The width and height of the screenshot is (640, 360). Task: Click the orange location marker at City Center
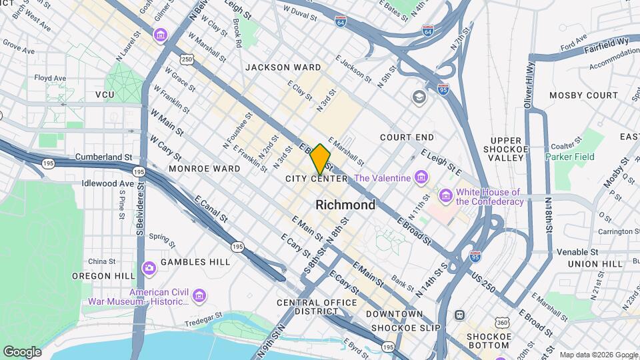[320, 159]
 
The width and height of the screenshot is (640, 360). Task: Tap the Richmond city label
[345, 205]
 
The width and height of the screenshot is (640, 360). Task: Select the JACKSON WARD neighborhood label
[283, 67]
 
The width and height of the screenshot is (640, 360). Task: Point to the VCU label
[105, 95]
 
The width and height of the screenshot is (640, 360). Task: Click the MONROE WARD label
[205, 169]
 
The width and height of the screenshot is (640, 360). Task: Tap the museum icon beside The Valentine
[420, 177]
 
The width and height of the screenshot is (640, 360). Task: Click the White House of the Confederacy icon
[445, 195]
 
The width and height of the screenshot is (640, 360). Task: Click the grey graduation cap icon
[418, 98]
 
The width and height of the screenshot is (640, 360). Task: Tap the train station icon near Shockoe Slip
[459, 315]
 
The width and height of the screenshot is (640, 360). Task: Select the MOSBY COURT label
[583, 95]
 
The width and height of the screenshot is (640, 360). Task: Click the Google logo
[22, 351]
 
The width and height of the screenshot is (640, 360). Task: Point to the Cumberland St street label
[105, 157]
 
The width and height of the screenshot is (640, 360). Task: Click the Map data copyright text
[599, 355]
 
